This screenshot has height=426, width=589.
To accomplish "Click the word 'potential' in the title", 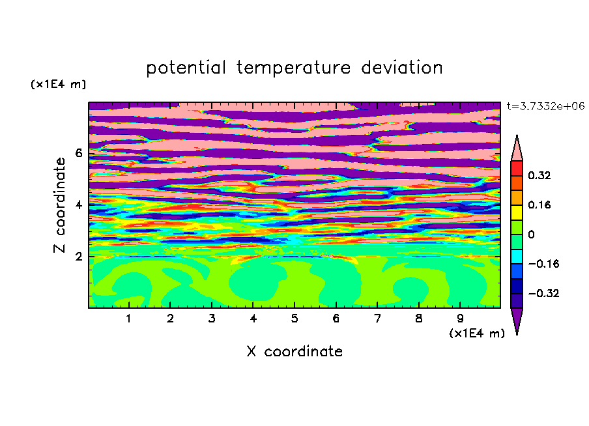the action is point(186,68).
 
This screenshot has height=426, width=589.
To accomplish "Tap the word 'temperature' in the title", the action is point(294,68).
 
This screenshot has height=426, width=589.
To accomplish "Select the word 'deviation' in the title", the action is point(402,67).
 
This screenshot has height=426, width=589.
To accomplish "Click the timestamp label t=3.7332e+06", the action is point(545,106).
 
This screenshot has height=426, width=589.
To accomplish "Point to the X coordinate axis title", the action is point(294,351).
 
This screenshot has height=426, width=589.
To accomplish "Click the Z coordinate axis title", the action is point(60,205).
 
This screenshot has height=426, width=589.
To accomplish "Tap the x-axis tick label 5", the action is point(294,319).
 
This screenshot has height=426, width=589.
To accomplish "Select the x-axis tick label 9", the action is point(460,319).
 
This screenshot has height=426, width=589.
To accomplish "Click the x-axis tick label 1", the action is point(128,319).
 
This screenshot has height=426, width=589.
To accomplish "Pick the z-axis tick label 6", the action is point(78,153).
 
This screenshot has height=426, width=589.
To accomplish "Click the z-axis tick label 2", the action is point(78,257).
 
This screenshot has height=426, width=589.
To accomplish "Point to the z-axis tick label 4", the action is point(78,205).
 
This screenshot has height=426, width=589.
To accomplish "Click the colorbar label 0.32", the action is point(539,175).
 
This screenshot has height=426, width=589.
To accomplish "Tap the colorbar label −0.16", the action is point(543,264).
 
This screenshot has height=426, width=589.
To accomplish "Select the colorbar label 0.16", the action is point(539,205).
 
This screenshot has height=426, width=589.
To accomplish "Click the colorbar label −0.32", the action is point(543,293).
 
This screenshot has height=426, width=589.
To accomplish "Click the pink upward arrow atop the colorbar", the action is point(517,150).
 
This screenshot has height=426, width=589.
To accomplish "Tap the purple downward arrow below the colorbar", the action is point(517,319).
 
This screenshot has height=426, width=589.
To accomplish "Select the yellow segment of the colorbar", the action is point(517,212).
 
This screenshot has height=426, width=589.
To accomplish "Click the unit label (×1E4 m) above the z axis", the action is point(58,84).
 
